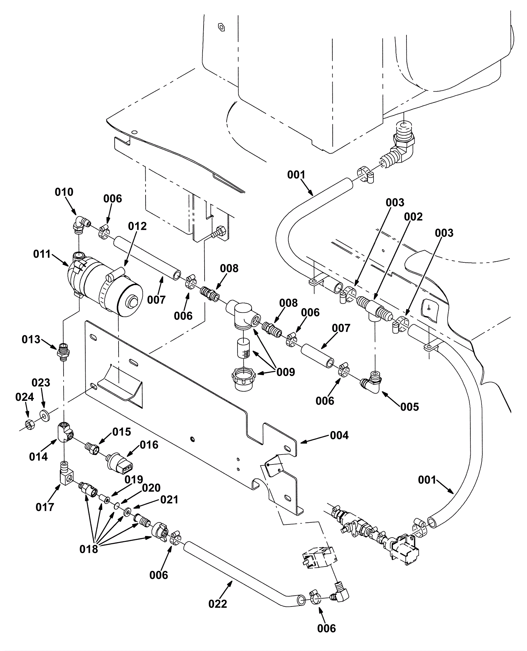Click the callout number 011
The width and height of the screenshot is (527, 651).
tap(42, 254)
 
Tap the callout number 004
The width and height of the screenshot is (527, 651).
tap(339, 435)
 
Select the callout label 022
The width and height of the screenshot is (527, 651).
tap(218, 604)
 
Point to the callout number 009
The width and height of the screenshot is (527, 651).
tap(286, 372)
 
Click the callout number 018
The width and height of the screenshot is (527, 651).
tap(89, 549)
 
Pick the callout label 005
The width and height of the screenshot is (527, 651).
tap(409, 407)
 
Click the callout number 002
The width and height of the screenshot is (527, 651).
tap(413, 217)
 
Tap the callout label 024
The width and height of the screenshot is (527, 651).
tap(25, 397)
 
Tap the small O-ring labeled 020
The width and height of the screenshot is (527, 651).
tap(117, 505)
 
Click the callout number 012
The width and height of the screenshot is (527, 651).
tap(137, 226)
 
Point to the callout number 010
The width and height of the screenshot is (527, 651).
tap(64, 192)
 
